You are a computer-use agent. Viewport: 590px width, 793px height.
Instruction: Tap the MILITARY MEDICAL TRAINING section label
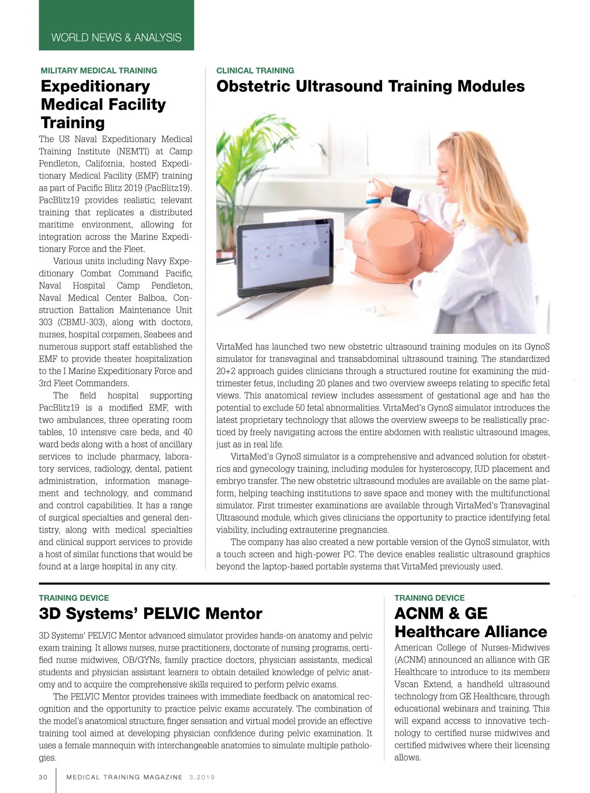99,71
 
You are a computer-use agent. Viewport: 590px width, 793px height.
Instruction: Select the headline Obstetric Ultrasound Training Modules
370,86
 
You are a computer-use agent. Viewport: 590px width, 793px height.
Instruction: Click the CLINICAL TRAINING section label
255,71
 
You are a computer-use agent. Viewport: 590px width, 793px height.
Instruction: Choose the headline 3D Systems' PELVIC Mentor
150,614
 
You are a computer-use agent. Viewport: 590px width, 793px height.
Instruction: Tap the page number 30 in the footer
43,777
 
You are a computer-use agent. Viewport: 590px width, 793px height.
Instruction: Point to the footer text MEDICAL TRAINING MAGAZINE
124,777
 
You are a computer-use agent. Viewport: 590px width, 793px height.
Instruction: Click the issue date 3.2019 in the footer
202,777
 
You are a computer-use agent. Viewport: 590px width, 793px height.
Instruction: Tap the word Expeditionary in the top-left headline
95,86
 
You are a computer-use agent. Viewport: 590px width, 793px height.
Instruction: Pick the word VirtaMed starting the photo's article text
234,347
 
